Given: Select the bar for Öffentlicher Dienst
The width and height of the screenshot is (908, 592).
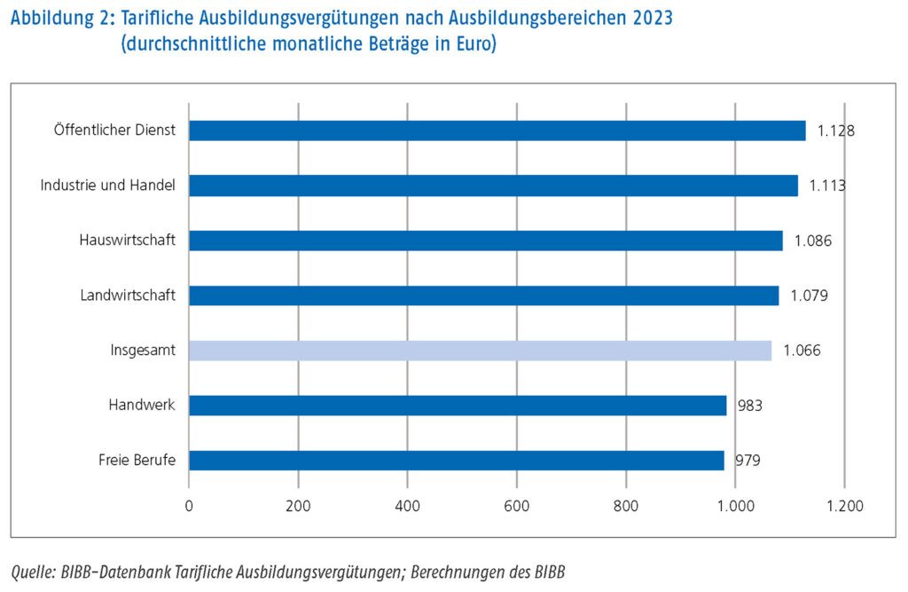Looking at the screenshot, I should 497,130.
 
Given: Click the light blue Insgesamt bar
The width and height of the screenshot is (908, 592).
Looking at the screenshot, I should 480,351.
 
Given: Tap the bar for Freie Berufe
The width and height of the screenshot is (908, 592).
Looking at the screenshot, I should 456,461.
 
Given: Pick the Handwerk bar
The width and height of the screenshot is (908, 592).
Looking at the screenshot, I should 458,406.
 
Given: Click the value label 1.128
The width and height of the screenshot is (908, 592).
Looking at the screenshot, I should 835,131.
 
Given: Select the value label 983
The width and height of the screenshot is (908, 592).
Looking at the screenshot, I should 748,407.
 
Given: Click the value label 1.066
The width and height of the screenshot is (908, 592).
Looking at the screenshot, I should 802,351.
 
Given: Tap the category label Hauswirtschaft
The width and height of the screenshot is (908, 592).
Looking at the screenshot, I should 127,241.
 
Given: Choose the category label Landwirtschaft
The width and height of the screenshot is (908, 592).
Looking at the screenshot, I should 128,296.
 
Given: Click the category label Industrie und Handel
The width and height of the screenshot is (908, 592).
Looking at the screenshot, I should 108,185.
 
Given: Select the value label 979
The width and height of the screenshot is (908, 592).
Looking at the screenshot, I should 747,461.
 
